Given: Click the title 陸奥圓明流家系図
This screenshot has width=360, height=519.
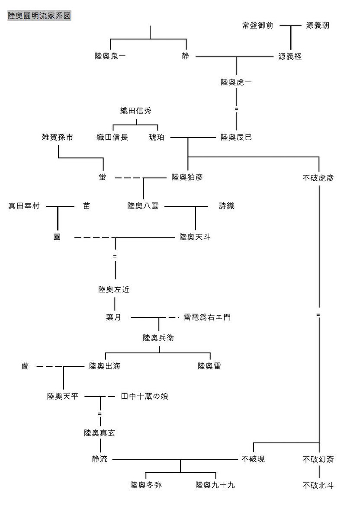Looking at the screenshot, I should click(x=39, y=16).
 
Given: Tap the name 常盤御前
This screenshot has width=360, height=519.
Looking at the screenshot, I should click(x=258, y=26).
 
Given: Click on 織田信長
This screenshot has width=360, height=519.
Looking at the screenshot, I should click(x=112, y=138).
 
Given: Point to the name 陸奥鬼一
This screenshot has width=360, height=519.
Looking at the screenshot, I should click(x=110, y=57).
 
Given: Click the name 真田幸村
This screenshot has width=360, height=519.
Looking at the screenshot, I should click(x=24, y=206).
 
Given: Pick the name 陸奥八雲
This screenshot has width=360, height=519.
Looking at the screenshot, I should click(x=143, y=206).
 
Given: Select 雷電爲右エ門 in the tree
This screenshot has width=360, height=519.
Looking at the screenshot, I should click(x=207, y=317).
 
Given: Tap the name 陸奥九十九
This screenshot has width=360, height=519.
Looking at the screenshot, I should click(x=215, y=485).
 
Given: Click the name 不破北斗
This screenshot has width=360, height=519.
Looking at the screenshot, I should click(x=318, y=485).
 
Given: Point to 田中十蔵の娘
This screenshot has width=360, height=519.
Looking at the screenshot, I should click(x=145, y=396).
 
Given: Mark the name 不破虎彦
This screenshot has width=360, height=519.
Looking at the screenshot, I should click(x=318, y=177).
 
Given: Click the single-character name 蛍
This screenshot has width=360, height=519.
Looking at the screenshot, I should click(x=102, y=177).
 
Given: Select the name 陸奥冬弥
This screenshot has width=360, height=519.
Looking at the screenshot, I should click(x=146, y=485).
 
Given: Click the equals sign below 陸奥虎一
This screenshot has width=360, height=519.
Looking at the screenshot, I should click(x=236, y=109).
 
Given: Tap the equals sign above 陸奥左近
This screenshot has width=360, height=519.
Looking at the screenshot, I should click(x=115, y=256).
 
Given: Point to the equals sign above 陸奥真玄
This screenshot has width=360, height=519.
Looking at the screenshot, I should click(x=100, y=414).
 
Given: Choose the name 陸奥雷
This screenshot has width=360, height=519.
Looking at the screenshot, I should click(x=210, y=366).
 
